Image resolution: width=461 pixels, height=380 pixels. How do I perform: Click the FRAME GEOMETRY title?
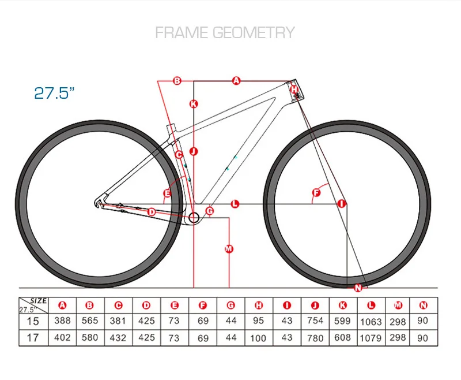coord(225,32)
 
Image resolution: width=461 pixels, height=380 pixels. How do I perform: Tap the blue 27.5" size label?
coord(55,93)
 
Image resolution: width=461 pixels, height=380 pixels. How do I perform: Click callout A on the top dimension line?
coord(236,81)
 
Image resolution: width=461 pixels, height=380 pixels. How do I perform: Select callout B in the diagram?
coord(177,81)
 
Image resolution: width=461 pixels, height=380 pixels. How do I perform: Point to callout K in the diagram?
coord(194,104)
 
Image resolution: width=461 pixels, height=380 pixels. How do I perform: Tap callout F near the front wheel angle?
coord(316,192)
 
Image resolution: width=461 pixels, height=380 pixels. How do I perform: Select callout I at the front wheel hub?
coord(341,203)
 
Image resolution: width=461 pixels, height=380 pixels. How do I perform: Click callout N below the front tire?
coord(358,288)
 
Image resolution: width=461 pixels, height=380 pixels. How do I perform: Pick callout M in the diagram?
coord(229,249)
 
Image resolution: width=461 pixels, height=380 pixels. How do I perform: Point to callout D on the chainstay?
coord(152,212)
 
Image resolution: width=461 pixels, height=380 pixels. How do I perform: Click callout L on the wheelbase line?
coord(235,203)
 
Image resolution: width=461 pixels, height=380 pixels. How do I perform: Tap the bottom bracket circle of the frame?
coord(194,218)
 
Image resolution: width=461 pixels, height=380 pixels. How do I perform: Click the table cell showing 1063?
coord(371,321)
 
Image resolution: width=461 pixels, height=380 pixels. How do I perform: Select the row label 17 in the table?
coord(33,337)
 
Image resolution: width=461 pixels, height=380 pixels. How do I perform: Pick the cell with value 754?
coord(315,321)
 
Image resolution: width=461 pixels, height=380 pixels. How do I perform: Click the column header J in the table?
coord(315,306)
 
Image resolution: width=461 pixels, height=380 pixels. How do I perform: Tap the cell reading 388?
coord(62,321)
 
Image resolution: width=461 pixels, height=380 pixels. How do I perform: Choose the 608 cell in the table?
coord(342,337)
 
